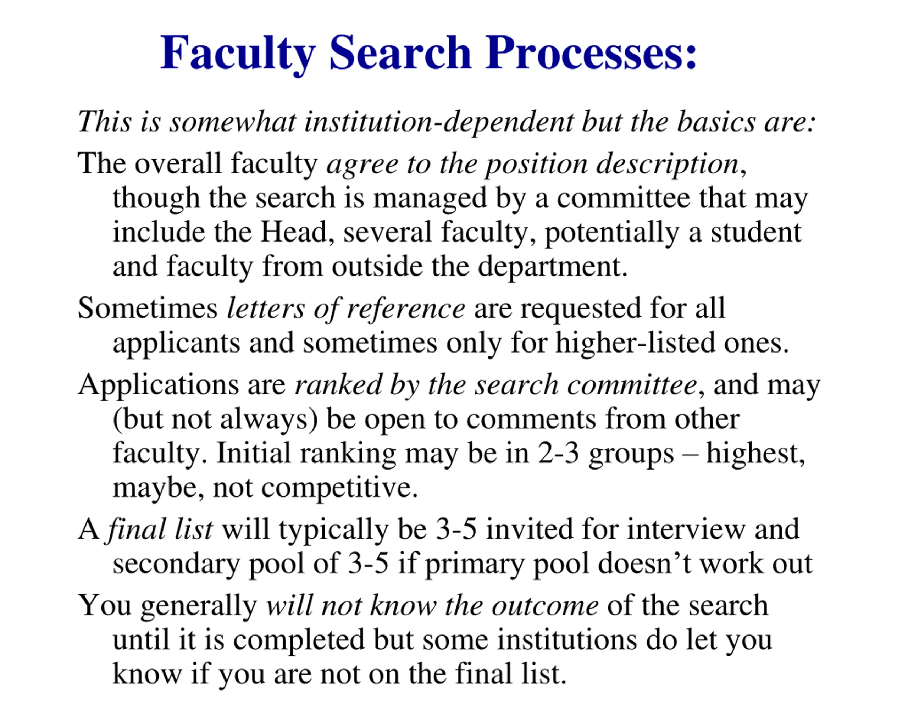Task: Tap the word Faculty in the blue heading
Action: pyautogui.click(x=238, y=54)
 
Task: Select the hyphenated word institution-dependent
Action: pyautogui.click(x=439, y=122)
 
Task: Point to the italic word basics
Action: pyautogui.click(x=716, y=122)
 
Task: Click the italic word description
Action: pyautogui.click(x=668, y=164)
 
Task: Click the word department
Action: pyautogui.click(x=552, y=267)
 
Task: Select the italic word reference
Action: pyautogui.click(x=405, y=309)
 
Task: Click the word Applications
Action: pyautogui.click(x=158, y=385)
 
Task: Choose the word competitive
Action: pyautogui.click(x=339, y=488)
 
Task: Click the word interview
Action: pyautogui.click(x=686, y=529)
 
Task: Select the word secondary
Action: pyautogui.click(x=176, y=564)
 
